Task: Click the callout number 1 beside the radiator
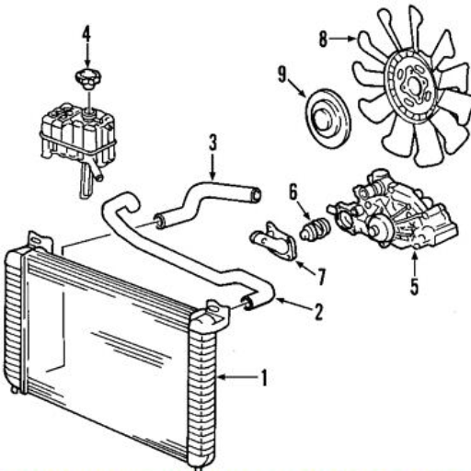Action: coord(264,378)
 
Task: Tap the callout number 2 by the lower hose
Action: coord(319,312)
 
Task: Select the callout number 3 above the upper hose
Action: coord(213,142)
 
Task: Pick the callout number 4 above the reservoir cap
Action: coord(86,33)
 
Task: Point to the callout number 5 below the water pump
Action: coord(415,286)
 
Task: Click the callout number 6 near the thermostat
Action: coord(293,192)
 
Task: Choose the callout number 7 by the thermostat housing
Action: coord(321,277)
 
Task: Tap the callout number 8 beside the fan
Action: coord(323,40)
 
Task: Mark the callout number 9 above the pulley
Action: coord(282,75)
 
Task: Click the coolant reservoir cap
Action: coord(88,79)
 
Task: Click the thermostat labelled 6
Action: coord(315,229)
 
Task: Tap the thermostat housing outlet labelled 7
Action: coord(274,241)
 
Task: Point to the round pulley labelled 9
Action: coord(327,119)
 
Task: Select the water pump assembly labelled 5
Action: coord(392,210)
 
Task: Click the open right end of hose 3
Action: coord(256,194)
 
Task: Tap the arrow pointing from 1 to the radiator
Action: coord(237,377)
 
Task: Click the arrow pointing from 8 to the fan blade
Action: coord(342,39)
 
